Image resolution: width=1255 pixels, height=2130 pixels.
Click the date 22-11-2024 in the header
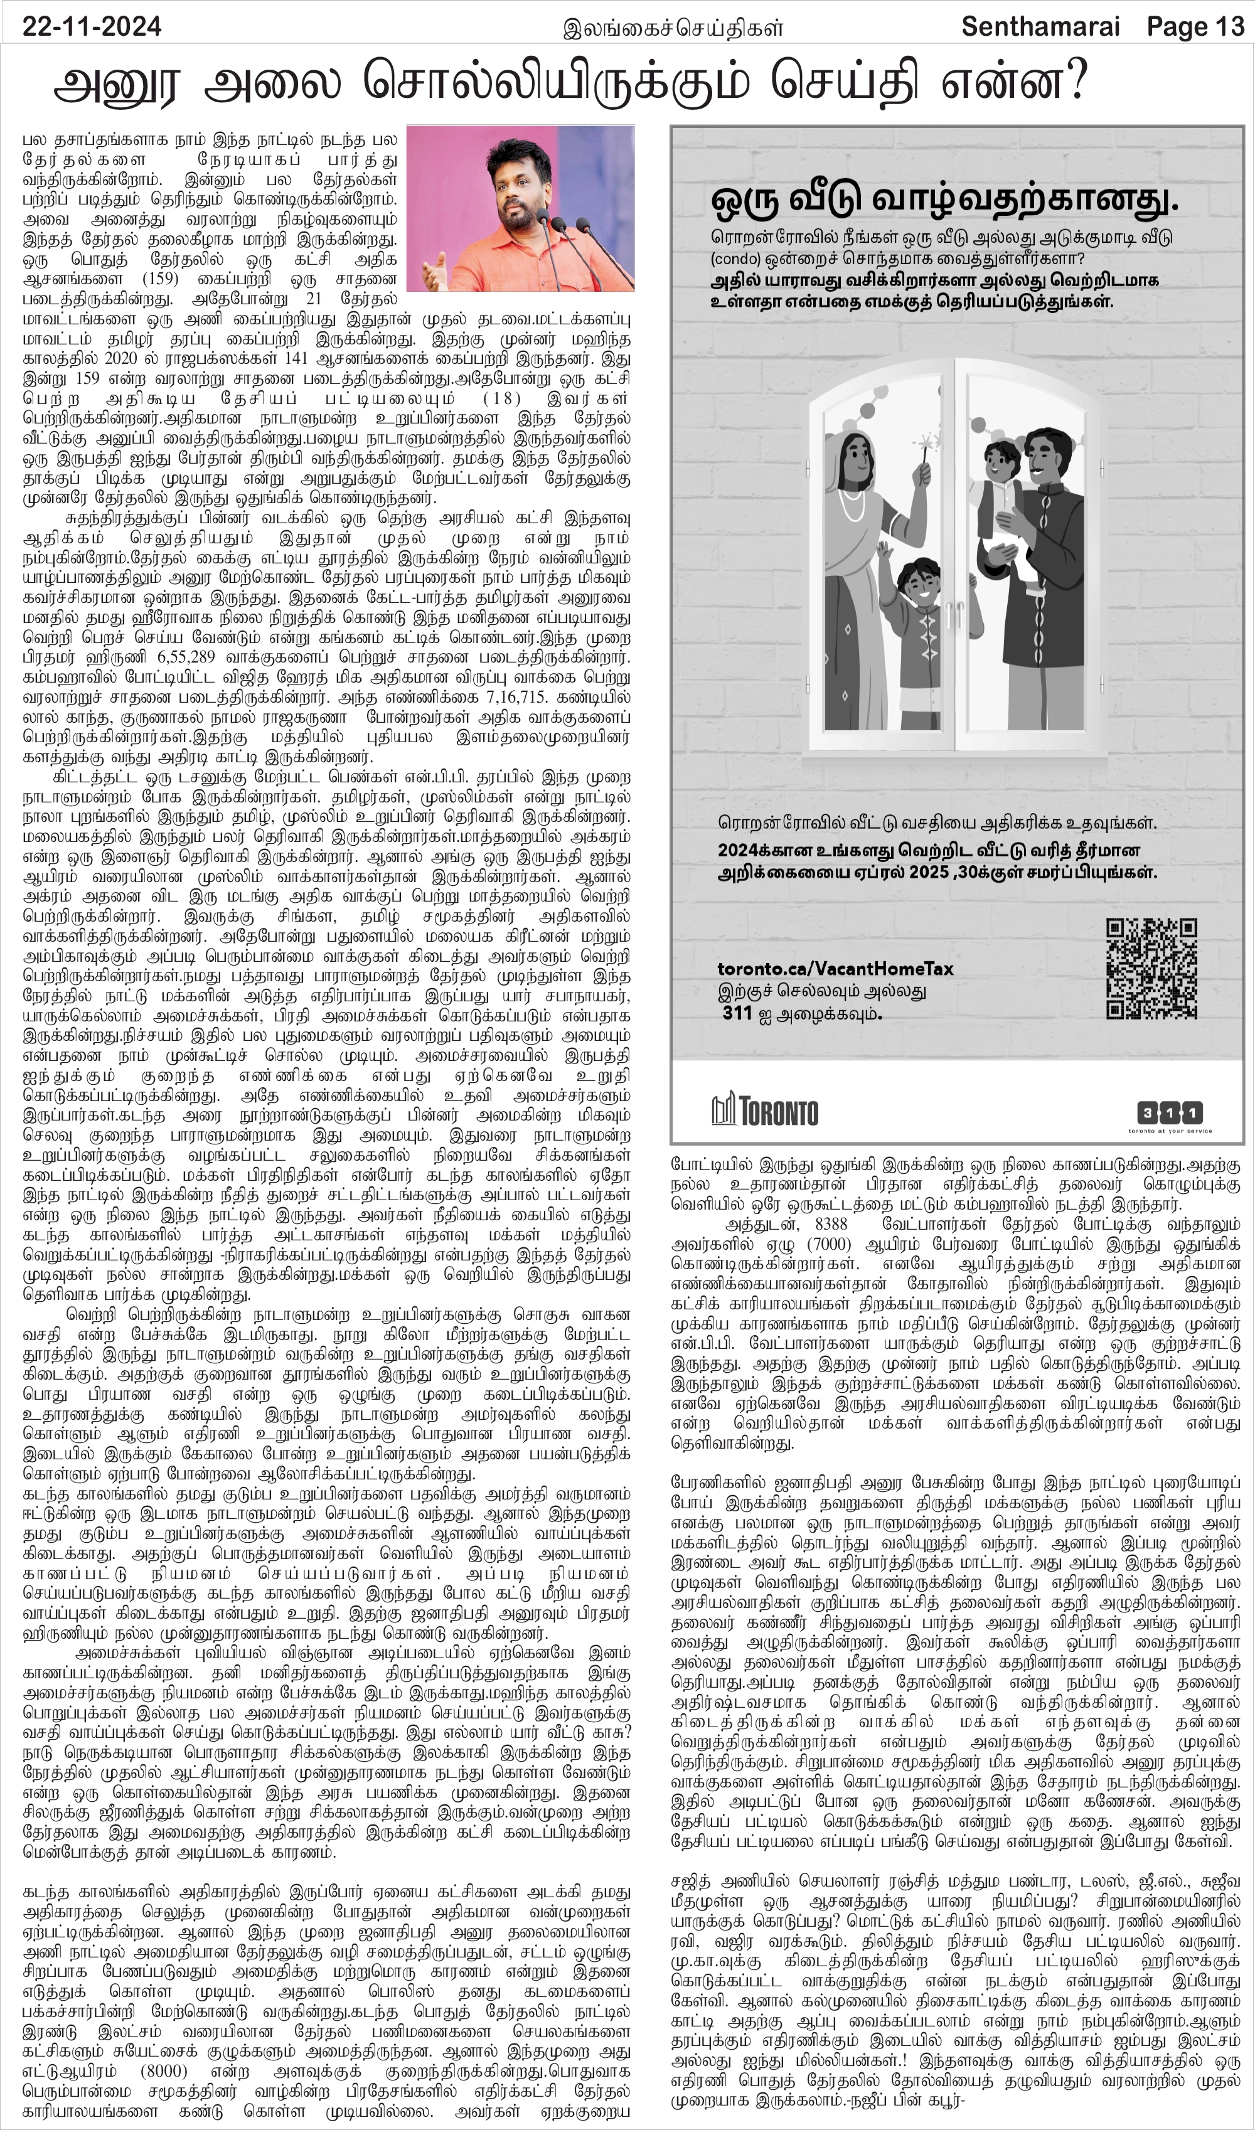pos(92,28)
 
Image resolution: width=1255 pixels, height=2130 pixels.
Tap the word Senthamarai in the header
pos(1045,28)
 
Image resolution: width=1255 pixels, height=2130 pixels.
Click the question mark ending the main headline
pos(1071,85)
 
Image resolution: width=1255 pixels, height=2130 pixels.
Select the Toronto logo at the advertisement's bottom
pos(764,1110)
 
